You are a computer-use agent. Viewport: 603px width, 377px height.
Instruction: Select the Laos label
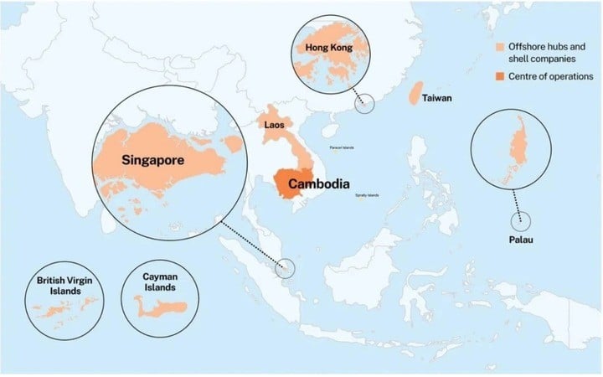[274, 126]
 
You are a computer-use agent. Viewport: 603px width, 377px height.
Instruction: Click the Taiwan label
[437, 98]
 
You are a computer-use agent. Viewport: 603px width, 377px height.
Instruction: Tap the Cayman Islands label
[160, 281]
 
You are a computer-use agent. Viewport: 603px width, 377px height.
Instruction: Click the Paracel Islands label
[342, 147]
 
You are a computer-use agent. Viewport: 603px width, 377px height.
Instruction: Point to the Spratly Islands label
[367, 195]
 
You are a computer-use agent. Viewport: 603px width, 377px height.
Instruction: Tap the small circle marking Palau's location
[521, 219]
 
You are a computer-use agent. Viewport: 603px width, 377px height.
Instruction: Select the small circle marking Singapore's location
[286, 267]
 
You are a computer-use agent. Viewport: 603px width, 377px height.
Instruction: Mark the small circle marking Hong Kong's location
[364, 103]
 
